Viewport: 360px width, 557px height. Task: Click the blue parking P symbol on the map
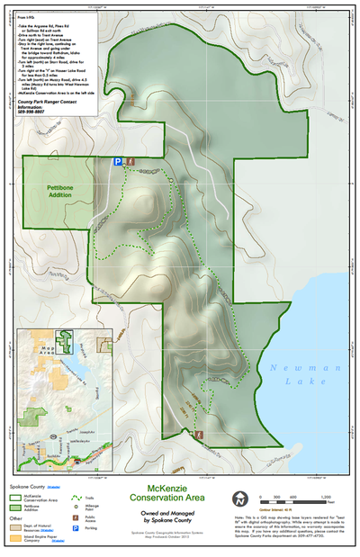tap(117, 161)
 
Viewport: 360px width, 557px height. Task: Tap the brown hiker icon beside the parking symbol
tap(131, 161)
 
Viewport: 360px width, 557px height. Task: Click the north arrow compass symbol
tap(240, 499)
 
